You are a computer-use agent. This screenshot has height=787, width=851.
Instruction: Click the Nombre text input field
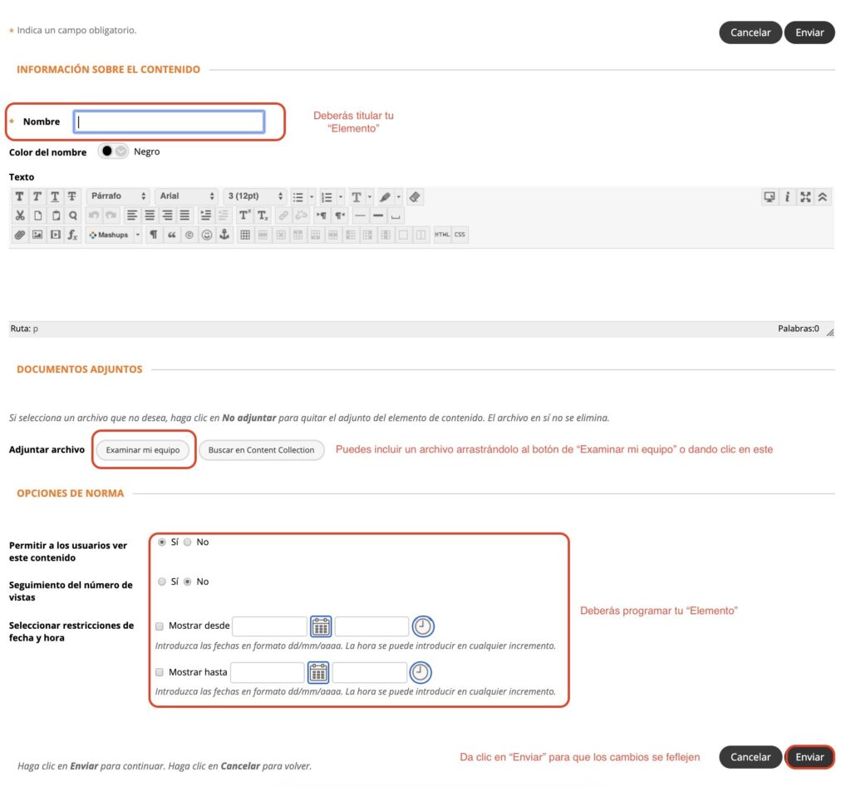[x=170, y=121]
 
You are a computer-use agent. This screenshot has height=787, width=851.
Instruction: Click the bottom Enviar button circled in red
[x=809, y=756]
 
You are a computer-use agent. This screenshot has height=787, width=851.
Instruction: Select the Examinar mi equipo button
[x=143, y=450]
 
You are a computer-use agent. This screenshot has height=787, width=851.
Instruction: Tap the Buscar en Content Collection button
[x=261, y=450]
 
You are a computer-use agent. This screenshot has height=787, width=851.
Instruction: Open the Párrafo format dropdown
[x=118, y=196]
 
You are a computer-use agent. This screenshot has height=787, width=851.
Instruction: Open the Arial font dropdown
[x=187, y=196]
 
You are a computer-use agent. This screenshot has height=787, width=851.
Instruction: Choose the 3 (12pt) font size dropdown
[x=255, y=196]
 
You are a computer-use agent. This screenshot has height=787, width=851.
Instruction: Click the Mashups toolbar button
[x=114, y=235]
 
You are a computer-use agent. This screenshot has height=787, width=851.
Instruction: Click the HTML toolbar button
[x=442, y=235]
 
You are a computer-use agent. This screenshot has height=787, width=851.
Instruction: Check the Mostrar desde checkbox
[x=160, y=626]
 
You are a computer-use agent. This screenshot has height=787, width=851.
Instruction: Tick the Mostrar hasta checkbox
[x=160, y=672]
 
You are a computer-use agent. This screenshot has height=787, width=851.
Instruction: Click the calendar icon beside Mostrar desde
[x=321, y=626]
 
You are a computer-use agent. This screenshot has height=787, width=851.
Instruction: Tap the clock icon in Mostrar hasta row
[x=420, y=672]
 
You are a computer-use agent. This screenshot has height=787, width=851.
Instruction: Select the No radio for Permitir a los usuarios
[x=187, y=542]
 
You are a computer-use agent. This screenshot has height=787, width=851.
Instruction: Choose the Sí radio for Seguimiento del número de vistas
[x=162, y=582]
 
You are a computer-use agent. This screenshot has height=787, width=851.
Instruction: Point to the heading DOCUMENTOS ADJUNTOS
[x=79, y=369]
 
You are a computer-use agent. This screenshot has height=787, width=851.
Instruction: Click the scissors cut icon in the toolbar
[x=20, y=215]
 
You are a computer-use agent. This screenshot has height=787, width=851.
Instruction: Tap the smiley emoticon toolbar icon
[x=207, y=235]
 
